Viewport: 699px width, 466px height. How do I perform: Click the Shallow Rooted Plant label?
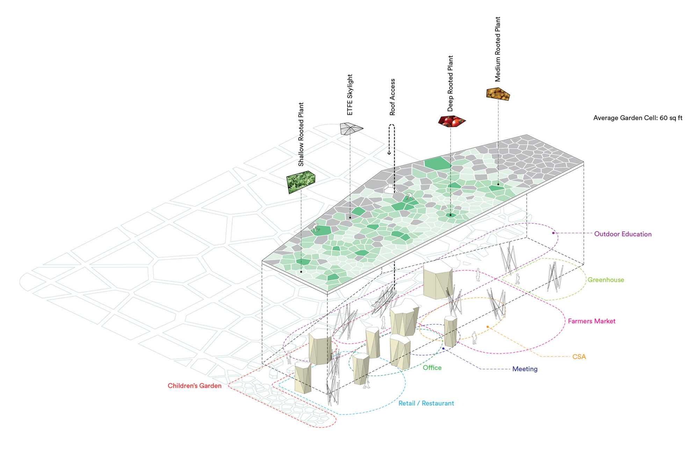pyautogui.click(x=301, y=134)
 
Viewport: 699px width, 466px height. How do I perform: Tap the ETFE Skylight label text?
pyautogui.click(x=350, y=95)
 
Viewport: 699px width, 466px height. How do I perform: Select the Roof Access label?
pyautogui.click(x=392, y=97)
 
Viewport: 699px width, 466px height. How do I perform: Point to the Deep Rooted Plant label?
pyautogui.click(x=450, y=84)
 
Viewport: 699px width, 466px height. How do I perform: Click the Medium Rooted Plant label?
pyautogui.click(x=498, y=49)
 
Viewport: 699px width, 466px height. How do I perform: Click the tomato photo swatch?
pyautogui.click(x=452, y=121)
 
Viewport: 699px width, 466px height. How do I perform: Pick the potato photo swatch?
pyautogui.click(x=498, y=94)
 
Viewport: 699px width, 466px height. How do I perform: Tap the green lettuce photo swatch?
pyautogui.click(x=301, y=181)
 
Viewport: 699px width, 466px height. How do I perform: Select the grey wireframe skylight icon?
pyautogui.click(x=351, y=128)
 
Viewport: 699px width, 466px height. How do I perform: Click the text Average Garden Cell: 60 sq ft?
pyautogui.click(x=637, y=118)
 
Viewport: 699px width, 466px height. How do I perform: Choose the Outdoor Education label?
pyautogui.click(x=623, y=234)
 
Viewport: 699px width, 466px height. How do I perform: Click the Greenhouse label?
pyautogui.click(x=606, y=280)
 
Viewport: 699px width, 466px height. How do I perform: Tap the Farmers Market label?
pyautogui.click(x=591, y=321)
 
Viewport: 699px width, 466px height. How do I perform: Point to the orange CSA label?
pyautogui.click(x=579, y=357)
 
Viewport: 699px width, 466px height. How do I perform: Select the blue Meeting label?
pyautogui.click(x=525, y=369)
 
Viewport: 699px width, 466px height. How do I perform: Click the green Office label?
pyautogui.click(x=432, y=367)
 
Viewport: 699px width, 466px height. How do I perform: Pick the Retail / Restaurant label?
pyautogui.click(x=426, y=403)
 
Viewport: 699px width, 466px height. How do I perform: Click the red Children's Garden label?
pyautogui.click(x=194, y=386)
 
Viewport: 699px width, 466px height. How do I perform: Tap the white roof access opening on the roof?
pyautogui.click(x=389, y=189)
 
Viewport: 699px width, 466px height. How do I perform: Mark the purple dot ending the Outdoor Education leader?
pyautogui.click(x=553, y=233)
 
